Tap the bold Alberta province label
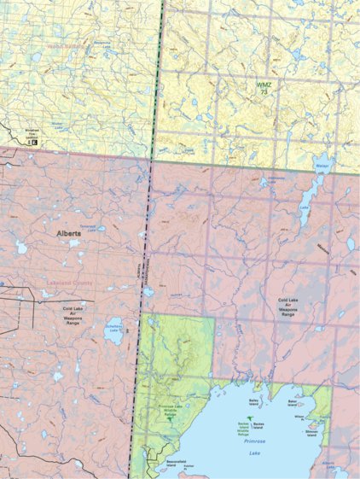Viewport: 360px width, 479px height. pyautogui.click(x=68, y=232)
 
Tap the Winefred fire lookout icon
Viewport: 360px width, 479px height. pyautogui.click(x=32, y=142)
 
